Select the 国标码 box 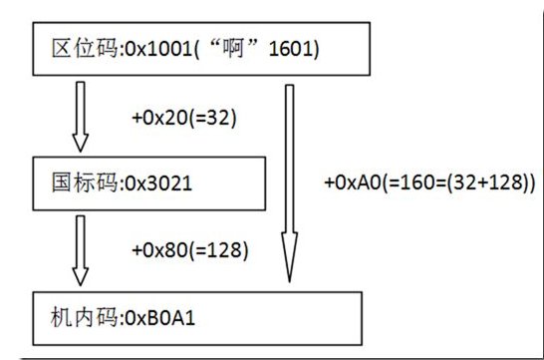[149, 182]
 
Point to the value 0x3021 [151, 182]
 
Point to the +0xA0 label [350, 183]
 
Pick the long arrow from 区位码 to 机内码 [289, 180]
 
